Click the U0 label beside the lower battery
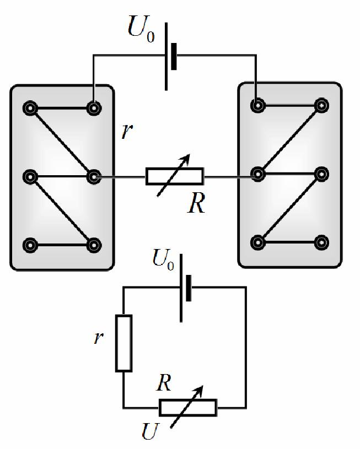pos(163,259)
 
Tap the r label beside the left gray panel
pos(127,132)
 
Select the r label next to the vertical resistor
pos(98,338)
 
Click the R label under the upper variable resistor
pos(196,203)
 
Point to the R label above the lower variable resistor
pos(164,382)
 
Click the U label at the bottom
pos(150,431)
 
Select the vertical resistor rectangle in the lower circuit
pos(124,343)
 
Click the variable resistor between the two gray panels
pos(175,176)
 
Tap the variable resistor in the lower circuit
pos(188,407)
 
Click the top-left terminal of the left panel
pos(30,108)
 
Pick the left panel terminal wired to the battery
pos(94,108)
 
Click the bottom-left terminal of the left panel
pos(30,245)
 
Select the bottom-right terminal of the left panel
pos(94,245)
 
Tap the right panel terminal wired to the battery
pos(258,105)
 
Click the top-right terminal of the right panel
pos(321,105)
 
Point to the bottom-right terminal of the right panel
pos(321,242)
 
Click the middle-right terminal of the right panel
pos(321,174)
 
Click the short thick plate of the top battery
pos(174,56)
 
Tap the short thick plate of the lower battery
pos(189,288)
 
